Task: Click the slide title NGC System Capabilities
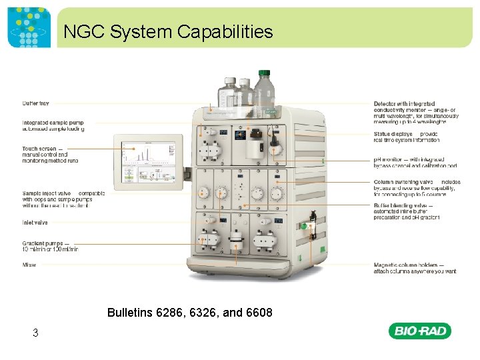(x=168, y=31)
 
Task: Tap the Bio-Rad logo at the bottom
(x=422, y=331)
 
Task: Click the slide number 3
(x=35, y=333)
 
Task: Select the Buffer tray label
(x=35, y=103)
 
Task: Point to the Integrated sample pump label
(x=53, y=125)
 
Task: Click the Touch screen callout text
(x=50, y=155)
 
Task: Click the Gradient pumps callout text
(x=50, y=246)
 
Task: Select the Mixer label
(x=29, y=265)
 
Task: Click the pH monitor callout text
(x=415, y=162)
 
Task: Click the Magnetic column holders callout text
(x=415, y=268)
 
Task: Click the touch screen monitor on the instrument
(x=147, y=163)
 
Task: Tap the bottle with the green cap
(x=264, y=90)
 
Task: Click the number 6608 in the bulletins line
(x=258, y=312)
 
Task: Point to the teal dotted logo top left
(x=29, y=29)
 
